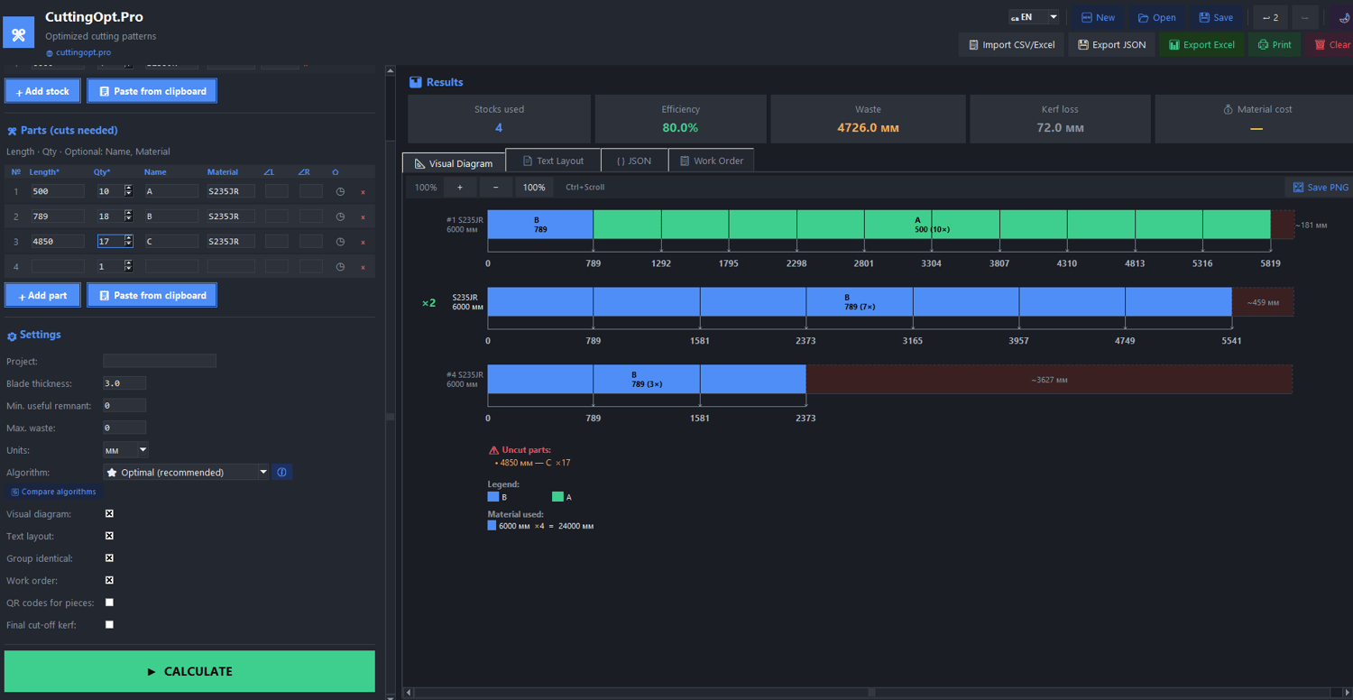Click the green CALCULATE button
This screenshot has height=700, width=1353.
(189, 671)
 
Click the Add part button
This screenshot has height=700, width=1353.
(42, 295)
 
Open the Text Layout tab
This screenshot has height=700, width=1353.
(553, 161)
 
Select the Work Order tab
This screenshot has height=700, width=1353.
(711, 161)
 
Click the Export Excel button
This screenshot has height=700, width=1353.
(1201, 45)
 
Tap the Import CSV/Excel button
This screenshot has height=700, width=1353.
(1011, 45)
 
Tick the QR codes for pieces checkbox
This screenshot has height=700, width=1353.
(109, 603)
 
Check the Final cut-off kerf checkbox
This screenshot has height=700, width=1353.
(109, 624)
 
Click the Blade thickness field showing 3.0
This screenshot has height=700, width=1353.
(124, 382)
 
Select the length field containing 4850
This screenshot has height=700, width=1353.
(58, 241)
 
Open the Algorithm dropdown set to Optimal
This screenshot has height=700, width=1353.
(186, 473)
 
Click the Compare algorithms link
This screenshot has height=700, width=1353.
(53, 492)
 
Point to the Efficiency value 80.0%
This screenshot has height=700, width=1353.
(680, 127)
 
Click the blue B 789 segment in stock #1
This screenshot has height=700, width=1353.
(540, 225)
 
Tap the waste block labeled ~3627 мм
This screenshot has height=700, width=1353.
(1049, 379)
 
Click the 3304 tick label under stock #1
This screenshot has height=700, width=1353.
(932, 263)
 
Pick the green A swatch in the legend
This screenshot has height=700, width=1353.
(557, 496)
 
